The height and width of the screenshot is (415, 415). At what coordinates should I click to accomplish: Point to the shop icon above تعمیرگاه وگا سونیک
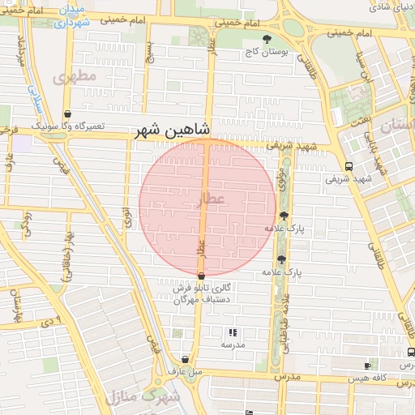tap(66, 114)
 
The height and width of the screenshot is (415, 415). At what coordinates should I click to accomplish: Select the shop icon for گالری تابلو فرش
tap(201, 276)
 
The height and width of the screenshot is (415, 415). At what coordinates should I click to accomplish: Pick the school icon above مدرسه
tap(233, 332)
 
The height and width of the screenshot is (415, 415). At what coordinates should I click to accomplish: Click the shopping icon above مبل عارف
tap(186, 359)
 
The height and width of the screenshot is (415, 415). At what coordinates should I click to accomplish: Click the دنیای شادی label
tap(389, 8)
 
